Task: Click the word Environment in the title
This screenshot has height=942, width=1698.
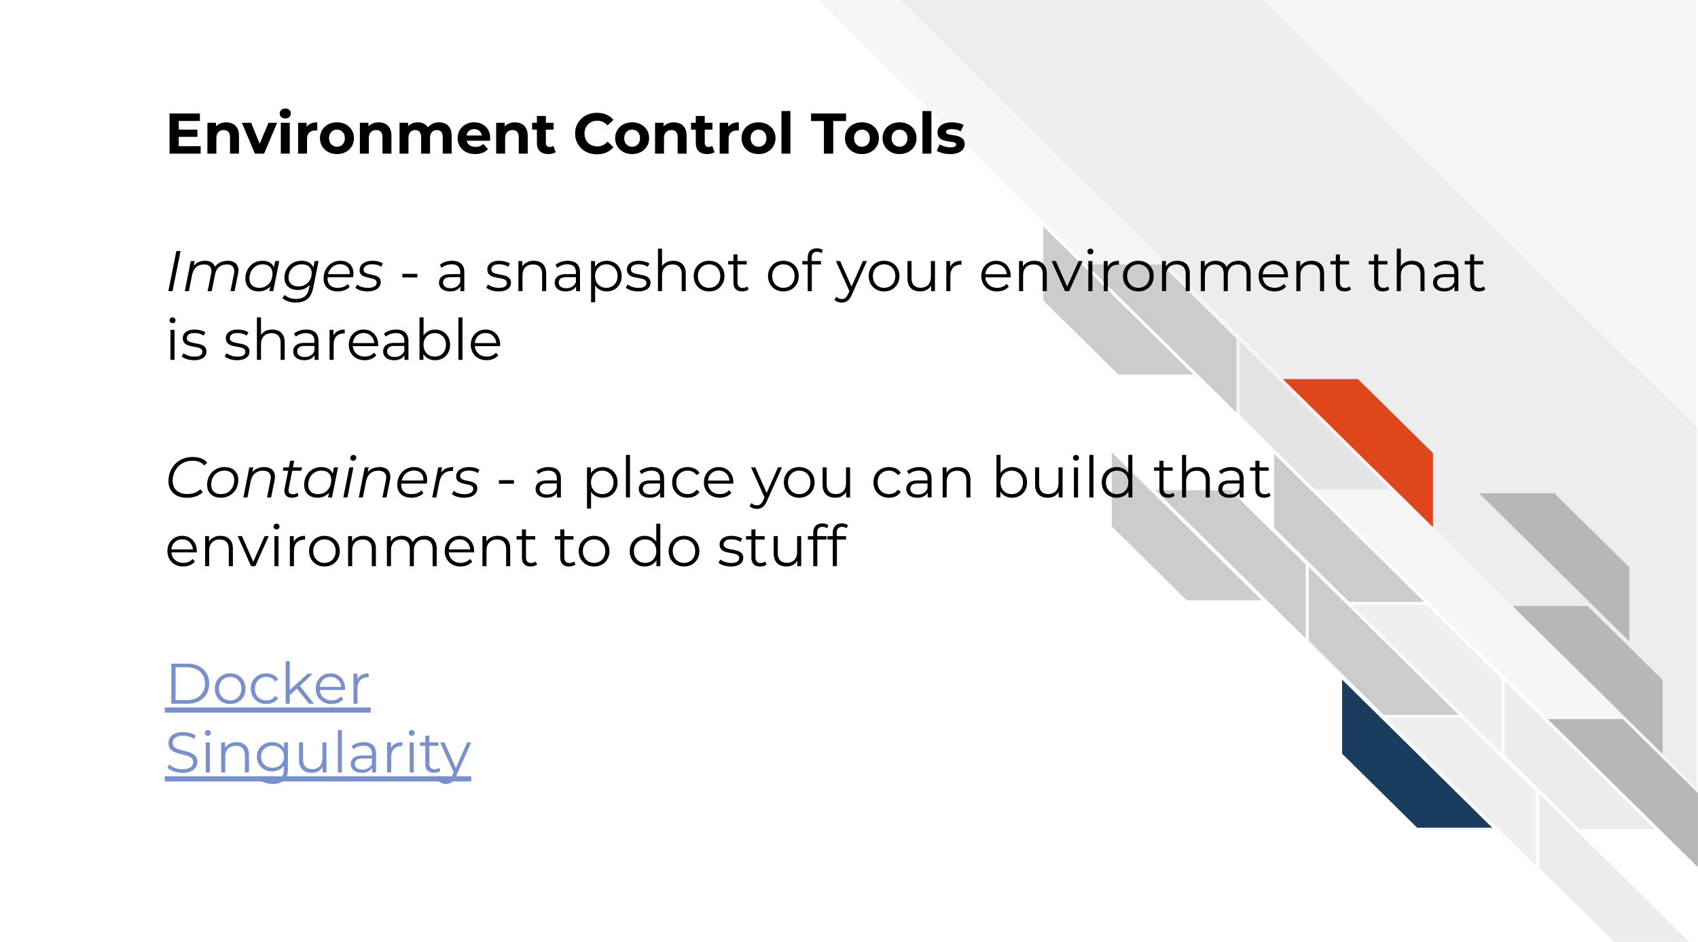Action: (x=361, y=134)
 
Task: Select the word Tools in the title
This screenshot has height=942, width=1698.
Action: (x=889, y=134)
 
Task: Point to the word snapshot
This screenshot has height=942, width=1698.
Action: (x=617, y=274)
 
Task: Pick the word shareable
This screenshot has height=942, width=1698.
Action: (x=363, y=340)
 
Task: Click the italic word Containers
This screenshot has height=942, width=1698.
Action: (x=323, y=478)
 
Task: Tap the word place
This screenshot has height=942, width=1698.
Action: (x=659, y=481)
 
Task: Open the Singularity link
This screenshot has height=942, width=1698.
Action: (x=318, y=755)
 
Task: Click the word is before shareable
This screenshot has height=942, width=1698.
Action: (x=187, y=340)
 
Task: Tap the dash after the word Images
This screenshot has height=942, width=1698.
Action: (x=410, y=278)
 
